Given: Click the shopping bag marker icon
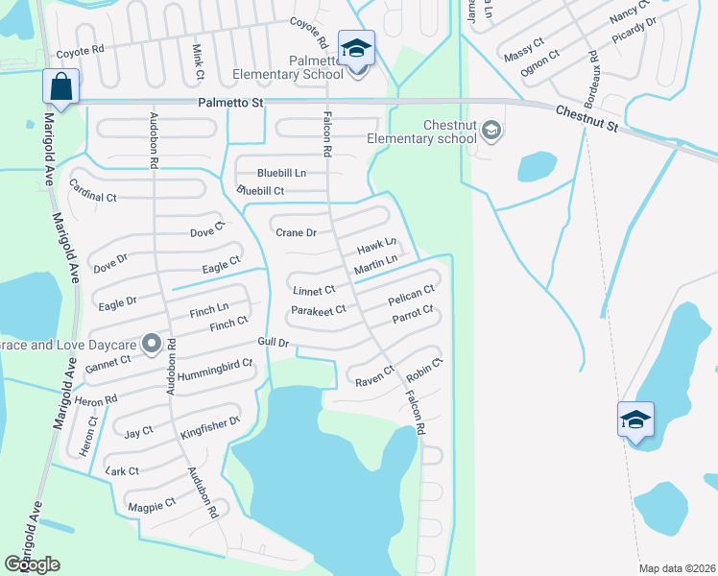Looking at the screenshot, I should pos(60,86).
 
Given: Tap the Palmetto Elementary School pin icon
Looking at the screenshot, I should pos(357,48).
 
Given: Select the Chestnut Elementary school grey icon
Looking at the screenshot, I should pos(491,130).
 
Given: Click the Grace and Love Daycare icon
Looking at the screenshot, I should pos(151,343).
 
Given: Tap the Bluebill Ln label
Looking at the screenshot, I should pos(280,173).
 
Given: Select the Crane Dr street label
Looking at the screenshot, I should pos(296,232).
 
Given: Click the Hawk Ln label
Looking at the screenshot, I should pos(377,248).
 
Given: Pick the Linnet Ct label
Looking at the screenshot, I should pos(314,289).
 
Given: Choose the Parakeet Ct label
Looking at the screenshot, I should pos(318,310).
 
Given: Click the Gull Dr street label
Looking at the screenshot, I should pos(273,343).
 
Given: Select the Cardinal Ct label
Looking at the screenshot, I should pos(93,197).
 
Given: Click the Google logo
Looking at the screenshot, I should pos(32,564).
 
